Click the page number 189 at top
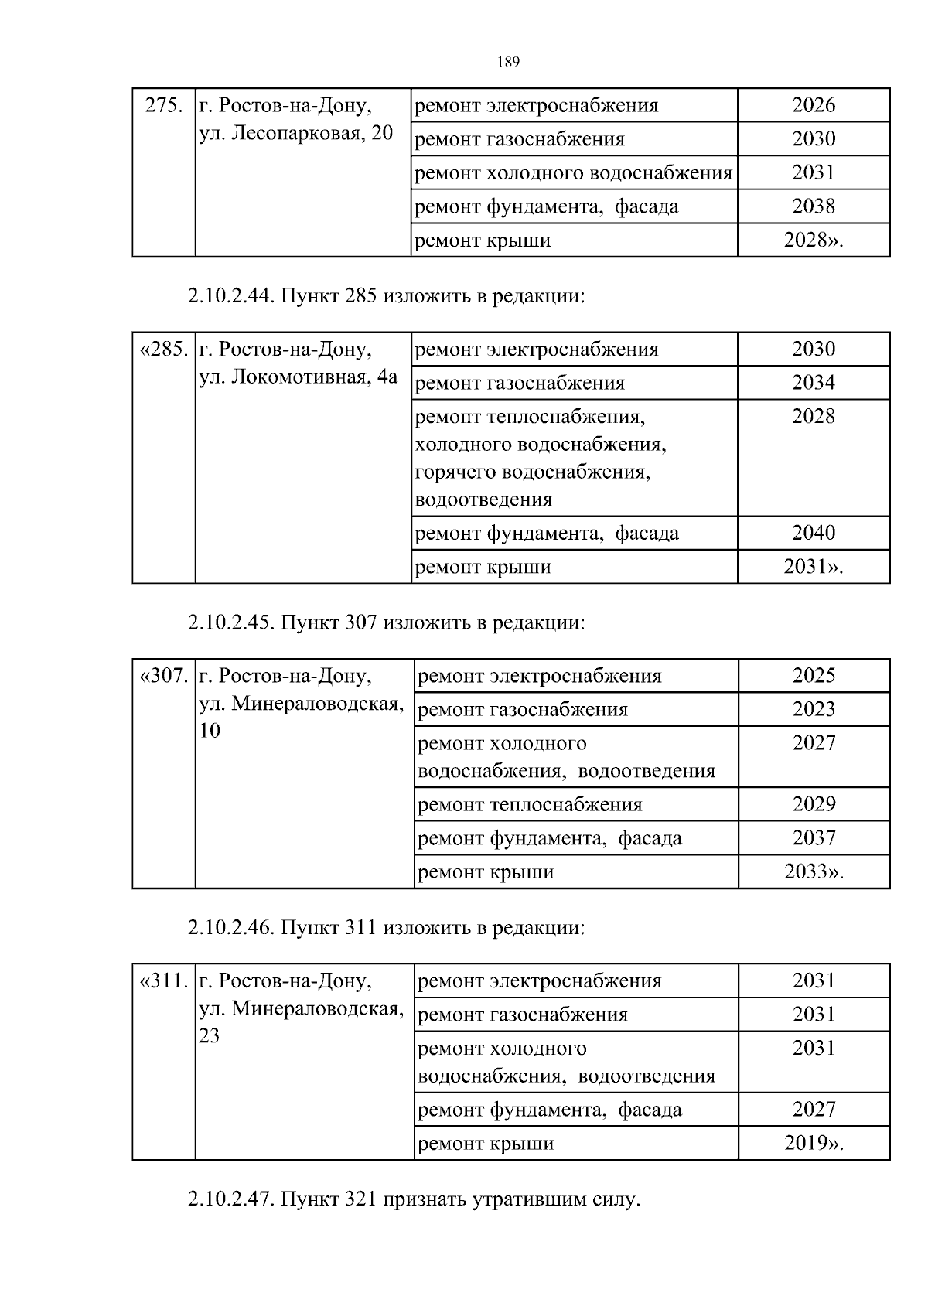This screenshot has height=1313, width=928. tap(508, 63)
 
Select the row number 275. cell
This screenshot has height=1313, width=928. tap(164, 105)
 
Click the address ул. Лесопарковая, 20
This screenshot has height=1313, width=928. tap(296, 133)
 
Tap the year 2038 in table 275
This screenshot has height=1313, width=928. tap(813, 206)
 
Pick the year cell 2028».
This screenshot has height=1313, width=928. tap(813, 240)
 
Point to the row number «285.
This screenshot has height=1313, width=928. tap(163, 350)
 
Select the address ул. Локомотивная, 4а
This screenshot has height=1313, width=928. tap(299, 377)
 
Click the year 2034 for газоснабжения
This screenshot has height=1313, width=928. tap(813, 383)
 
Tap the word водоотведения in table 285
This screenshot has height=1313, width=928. tap(484, 500)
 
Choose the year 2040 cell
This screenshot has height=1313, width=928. tap(813, 533)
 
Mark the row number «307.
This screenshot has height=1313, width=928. tap(163, 676)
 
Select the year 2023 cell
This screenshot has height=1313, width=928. tap(814, 709)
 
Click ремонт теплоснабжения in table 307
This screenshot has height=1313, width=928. tap(530, 805)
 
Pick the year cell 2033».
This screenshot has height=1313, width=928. tap(814, 872)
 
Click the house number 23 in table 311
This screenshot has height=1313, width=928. tap(210, 1036)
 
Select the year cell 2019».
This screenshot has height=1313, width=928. tap(814, 1144)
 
